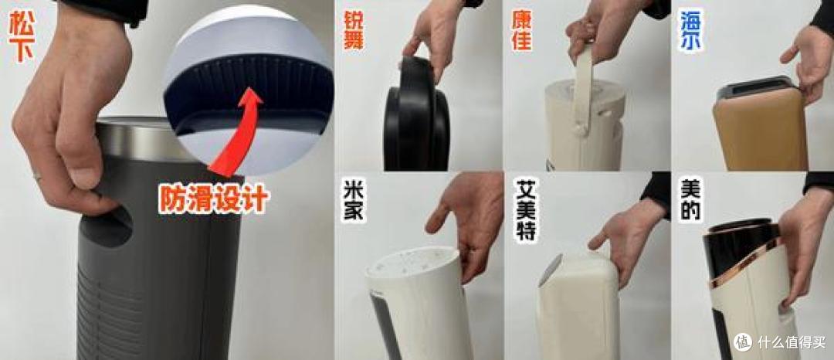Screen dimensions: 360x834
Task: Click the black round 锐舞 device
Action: pyautogui.click(x=416, y=116)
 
